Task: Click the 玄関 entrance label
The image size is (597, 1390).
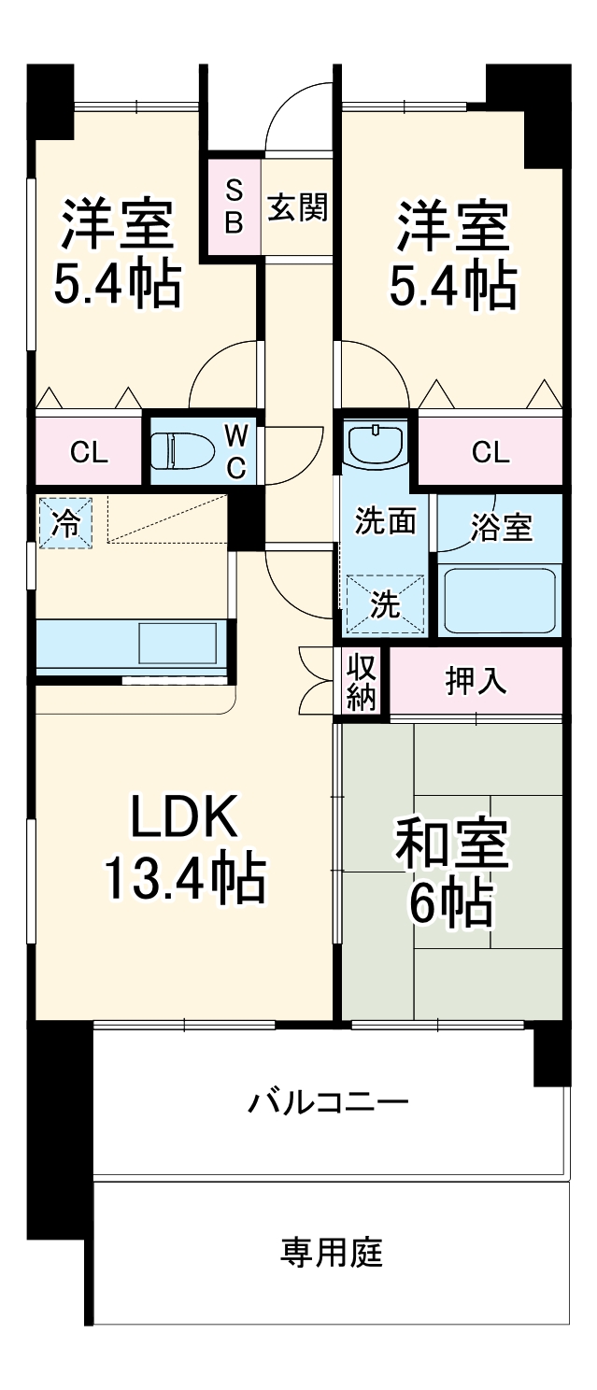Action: pos(298,207)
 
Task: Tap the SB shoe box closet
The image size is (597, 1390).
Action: pos(235,207)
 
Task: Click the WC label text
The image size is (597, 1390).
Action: pos(236,451)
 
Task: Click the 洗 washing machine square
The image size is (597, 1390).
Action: pos(385,604)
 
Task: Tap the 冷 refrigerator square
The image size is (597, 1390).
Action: pos(65,522)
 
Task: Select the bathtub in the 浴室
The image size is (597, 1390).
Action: pos(500,601)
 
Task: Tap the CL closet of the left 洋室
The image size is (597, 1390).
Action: pos(90,453)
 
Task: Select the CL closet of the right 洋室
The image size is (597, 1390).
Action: pos(490,453)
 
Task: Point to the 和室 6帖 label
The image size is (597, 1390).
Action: pos(451,872)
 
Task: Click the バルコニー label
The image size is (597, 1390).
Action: pos(328,1103)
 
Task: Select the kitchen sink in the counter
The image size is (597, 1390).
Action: pos(178,644)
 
